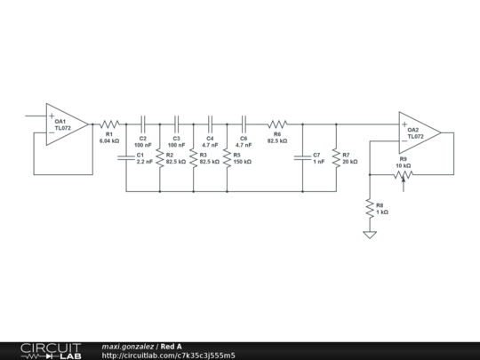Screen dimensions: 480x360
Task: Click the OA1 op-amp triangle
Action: (67, 124)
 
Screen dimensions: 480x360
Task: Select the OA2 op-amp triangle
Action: (420, 132)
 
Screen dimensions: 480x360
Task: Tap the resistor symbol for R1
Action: (109, 124)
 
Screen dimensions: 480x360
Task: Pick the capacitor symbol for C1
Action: (126, 157)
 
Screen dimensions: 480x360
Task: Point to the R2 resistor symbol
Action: (160, 158)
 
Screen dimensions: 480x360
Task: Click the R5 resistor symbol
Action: (228, 158)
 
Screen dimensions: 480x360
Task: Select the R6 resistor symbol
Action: (277, 124)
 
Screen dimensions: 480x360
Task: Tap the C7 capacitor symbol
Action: (302, 157)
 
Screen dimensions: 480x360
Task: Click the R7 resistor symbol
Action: (336, 158)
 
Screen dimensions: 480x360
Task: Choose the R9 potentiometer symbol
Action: (404, 175)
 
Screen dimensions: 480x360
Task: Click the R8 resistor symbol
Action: (370, 209)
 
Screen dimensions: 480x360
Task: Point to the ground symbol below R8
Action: (370, 235)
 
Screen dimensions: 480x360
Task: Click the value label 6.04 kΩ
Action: (109, 141)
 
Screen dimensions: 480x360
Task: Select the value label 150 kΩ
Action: (243, 162)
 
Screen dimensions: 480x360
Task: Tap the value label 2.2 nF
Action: (145, 162)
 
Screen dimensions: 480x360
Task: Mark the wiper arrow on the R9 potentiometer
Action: (404, 184)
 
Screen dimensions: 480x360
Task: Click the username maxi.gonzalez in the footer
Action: (128, 347)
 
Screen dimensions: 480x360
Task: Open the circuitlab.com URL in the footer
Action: (168, 356)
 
